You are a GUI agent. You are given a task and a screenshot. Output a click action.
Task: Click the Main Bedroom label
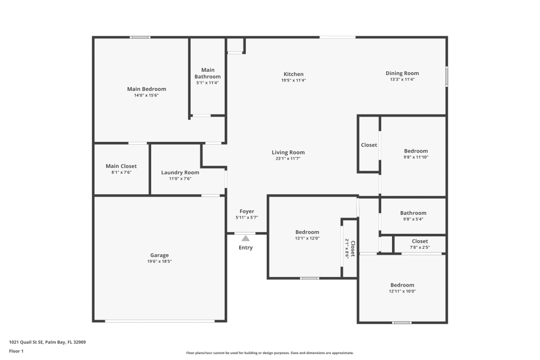[x=146, y=89]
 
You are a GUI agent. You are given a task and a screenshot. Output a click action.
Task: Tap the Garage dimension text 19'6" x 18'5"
[x=159, y=261]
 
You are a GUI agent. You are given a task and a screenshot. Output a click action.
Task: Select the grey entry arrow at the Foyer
[x=246, y=238]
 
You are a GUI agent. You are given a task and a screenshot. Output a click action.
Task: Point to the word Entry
[x=246, y=248]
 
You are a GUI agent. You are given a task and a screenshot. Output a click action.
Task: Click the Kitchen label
[x=294, y=74]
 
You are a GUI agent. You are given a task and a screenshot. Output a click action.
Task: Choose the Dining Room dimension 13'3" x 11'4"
[x=402, y=79]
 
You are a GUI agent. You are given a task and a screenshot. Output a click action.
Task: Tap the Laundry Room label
[x=180, y=173]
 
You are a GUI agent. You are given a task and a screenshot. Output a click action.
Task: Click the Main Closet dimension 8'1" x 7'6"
[x=121, y=172]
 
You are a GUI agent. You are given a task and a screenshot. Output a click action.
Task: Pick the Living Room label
[x=288, y=153]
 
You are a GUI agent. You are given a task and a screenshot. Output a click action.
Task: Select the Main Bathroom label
[x=208, y=73]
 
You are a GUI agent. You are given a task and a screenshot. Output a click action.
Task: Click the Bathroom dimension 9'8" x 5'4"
[x=413, y=219]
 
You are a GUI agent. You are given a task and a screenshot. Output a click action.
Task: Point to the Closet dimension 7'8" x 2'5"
[x=420, y=247]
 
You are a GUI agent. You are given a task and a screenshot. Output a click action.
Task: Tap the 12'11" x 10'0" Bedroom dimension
[x=402, y=291]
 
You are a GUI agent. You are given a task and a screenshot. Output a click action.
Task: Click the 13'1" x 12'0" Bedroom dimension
[x=307, y=238]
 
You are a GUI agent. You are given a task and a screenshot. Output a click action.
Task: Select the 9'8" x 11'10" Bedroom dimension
[x=416, y=157]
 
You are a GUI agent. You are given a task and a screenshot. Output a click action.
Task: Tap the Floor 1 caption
[x=16, y=351]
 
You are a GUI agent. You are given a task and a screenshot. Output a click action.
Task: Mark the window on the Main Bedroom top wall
[x=140, y=37]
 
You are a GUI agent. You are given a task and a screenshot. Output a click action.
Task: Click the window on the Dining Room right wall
[x=447, y=76]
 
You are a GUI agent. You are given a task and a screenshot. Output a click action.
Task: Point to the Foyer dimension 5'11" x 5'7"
[x=247, y=218]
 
